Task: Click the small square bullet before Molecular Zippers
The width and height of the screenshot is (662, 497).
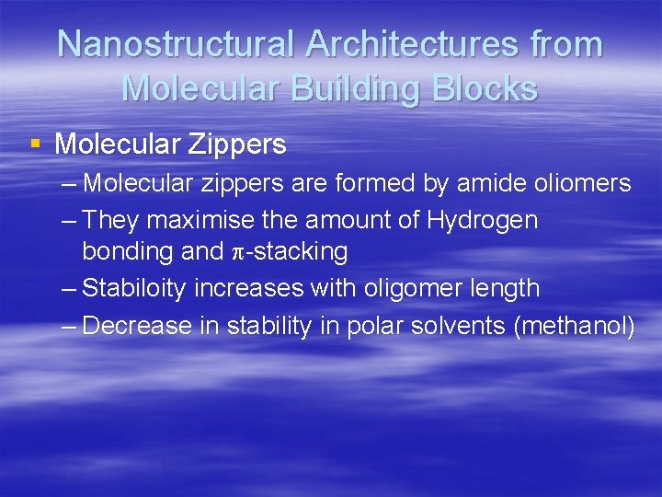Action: [35, 144]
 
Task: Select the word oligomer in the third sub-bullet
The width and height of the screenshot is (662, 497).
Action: [412, 288]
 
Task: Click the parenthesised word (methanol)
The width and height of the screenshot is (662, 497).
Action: [576, 326]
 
